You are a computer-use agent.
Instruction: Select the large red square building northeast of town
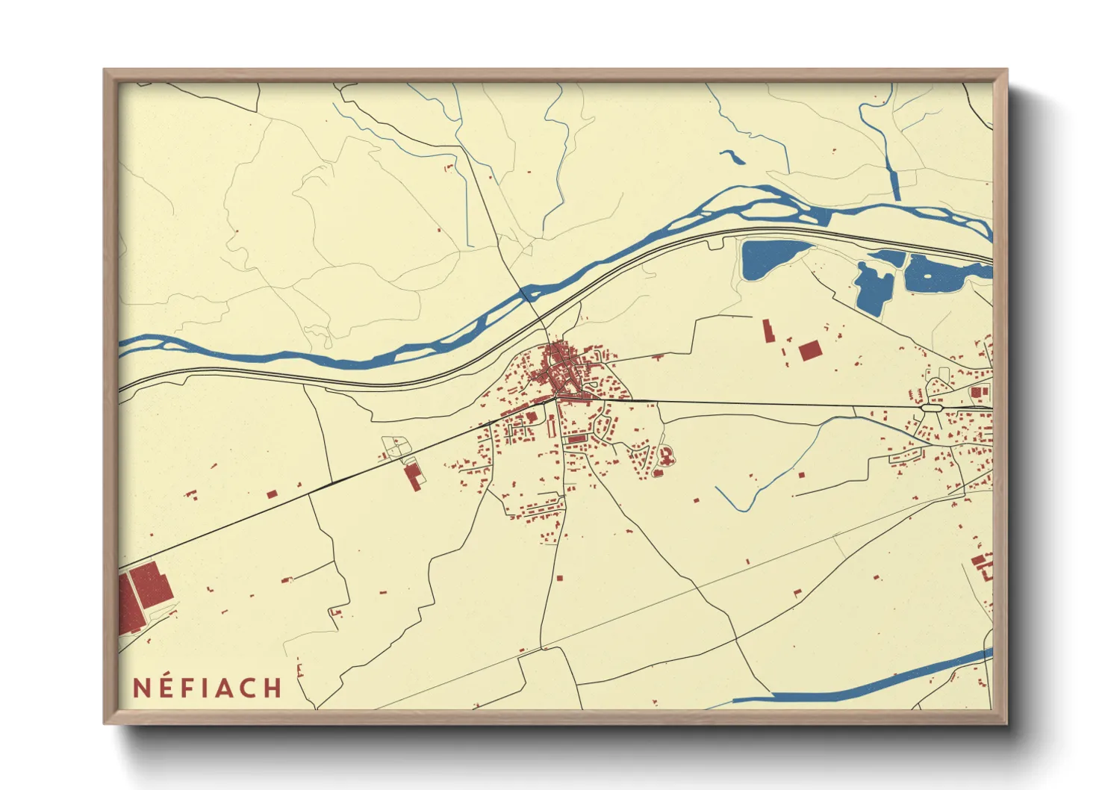click(x=809, y=351)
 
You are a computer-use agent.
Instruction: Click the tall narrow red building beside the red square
click(x=767, y=331)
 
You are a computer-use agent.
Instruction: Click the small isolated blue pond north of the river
click(x=732, y=156)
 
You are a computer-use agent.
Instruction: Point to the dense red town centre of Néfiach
click(x=561, y=370)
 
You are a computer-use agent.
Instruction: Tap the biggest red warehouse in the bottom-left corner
click(x=152, y=585)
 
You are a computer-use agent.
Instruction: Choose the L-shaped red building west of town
click(x=413, y=476)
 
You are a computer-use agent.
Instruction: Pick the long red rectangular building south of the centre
click(x=576, y=440)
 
